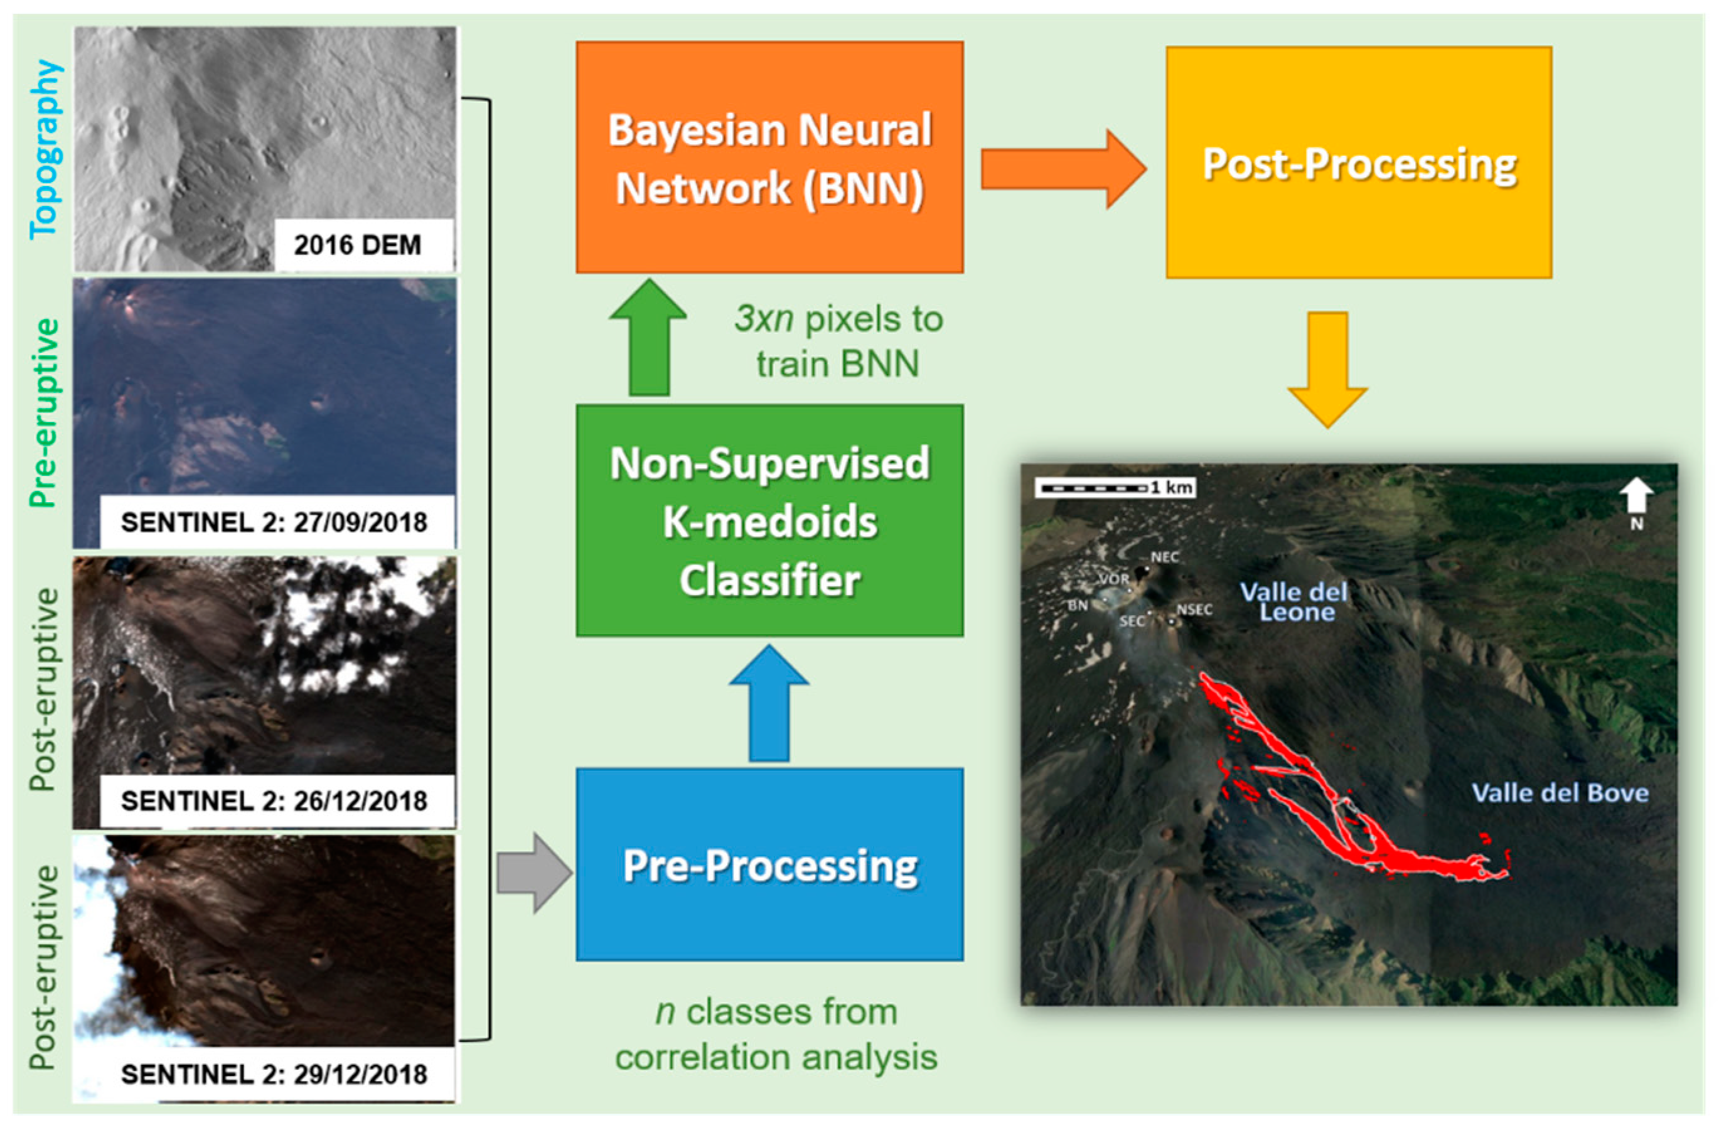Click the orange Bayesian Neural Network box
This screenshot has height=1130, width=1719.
tap(769, 157)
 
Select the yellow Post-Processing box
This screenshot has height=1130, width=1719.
tap(1359, 163)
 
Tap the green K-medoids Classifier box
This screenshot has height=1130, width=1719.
tap(769, 520)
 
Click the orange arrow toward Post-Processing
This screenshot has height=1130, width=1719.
tap(1062, 169)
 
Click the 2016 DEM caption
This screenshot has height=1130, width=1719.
tap(358, 245)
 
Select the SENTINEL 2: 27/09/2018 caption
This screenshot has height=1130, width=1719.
tap(274, 522)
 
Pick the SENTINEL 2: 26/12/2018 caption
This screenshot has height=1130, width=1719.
tap(274, 800)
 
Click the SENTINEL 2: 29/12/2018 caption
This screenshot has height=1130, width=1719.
tap(274, 1074)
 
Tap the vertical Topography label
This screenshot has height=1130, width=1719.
tap(45, 149)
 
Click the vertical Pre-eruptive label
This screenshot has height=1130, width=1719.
tap(45, 413)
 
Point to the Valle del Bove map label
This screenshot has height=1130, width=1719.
tap(1560, 794)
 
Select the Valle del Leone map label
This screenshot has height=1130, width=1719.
tap(1294, 602)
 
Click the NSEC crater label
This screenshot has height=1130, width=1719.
tap(1194, 610)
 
